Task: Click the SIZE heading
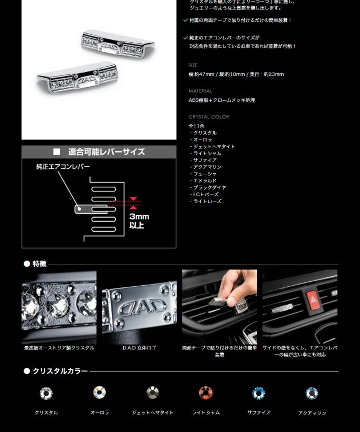point(193,65)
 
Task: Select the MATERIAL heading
point(200,91)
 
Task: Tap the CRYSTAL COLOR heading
point(209,117)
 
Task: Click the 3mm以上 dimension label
point(139,220)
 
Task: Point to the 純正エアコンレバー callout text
point(62,167)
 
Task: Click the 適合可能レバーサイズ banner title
point(106,152)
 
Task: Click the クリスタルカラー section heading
point(60,371)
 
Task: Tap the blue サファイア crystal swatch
point(259,393)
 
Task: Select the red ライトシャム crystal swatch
point(206,393)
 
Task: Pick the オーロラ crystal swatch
point(100,393)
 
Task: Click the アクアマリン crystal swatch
point(312,393)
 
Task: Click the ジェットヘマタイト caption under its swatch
point(152,413)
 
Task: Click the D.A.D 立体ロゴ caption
point(139,348)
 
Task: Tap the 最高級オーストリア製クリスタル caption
point(59,348)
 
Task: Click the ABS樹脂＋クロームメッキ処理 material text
point(222,100)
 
